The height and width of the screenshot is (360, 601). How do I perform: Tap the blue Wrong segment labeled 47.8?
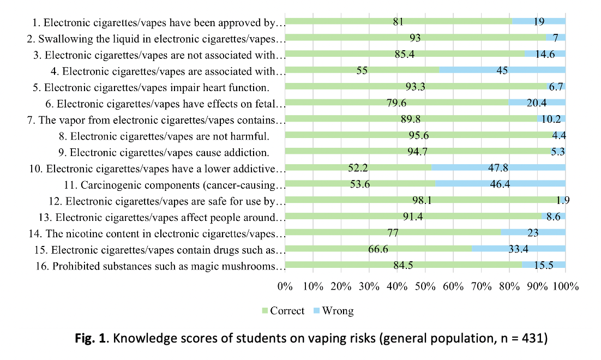[x=498, y=167]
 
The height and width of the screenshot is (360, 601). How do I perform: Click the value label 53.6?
[x=359, y=184]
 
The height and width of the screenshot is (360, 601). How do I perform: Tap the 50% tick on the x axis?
[x=425, y=286]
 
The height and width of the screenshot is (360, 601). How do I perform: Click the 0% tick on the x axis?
[x=285, y=286]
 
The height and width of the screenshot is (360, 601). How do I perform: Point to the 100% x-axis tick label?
[x=565, y=286]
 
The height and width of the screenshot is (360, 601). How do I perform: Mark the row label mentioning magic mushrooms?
[x=169, y=266]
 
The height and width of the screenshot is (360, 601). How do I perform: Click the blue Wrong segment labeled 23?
[x=533, y=233]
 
